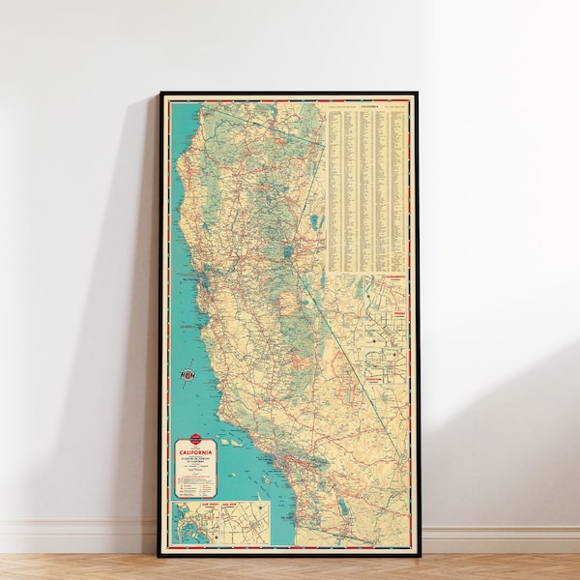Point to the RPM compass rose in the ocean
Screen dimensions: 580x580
click(x=188, y=373)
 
